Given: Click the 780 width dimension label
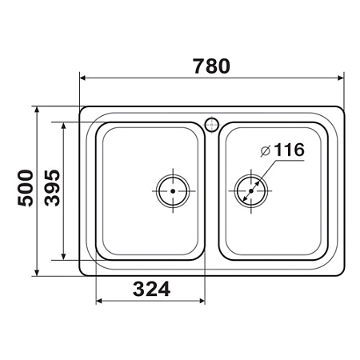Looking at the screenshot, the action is coord(211,66).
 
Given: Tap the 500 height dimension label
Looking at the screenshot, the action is coord(26,188).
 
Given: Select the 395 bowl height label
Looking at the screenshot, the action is coord(52,188).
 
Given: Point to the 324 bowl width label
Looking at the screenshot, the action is coord(151,289).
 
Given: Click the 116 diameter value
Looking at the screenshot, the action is coord(289,150).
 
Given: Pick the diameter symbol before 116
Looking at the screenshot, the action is coord(266,151).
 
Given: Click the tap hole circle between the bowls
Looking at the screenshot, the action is coord(212,125).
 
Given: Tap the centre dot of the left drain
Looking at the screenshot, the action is coord(173,191).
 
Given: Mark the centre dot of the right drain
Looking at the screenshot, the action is coord(251,191).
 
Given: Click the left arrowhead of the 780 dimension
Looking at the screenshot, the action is coord(82,78).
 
